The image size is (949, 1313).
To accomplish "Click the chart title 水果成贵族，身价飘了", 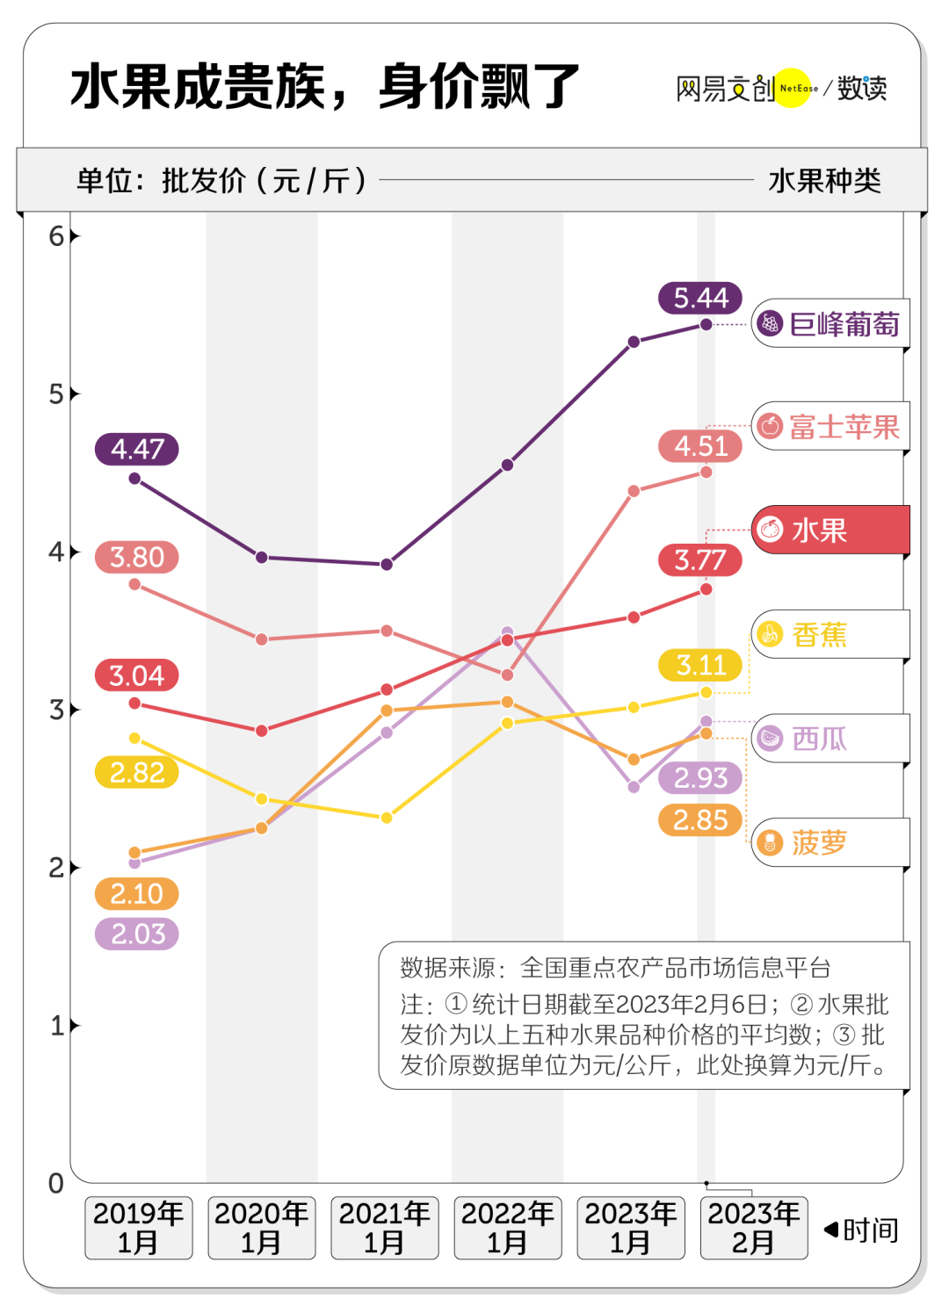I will point(325,87).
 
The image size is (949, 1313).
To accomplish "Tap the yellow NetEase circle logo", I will point(793,88).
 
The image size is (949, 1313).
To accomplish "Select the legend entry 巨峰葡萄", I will point(829,324).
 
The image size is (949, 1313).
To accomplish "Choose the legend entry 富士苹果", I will point(829,427).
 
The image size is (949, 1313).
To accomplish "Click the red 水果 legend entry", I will point(829,530).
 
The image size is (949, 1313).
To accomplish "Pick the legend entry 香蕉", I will point(829,634).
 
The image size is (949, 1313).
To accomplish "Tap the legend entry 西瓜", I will point(829,739).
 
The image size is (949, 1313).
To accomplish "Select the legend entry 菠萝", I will point(829,842).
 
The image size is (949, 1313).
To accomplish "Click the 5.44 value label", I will point(700,298).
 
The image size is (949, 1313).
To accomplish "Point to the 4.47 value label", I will point(137,449).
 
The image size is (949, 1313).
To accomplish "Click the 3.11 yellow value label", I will point(700,665).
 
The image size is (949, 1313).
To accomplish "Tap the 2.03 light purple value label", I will point(137,934).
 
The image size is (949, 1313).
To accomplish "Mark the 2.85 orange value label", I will point(700,820).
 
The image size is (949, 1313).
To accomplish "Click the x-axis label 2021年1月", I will point(385,1228).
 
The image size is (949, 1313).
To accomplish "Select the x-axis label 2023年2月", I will point(754,1228).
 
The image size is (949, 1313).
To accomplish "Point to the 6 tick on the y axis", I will point(56,235).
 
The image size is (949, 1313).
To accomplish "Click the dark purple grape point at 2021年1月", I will point(387,564).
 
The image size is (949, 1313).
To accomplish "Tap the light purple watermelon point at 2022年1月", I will point(507,631).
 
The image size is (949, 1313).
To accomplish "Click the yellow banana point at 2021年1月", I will point(387,818).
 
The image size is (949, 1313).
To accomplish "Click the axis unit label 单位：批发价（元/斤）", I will point(221,180).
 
